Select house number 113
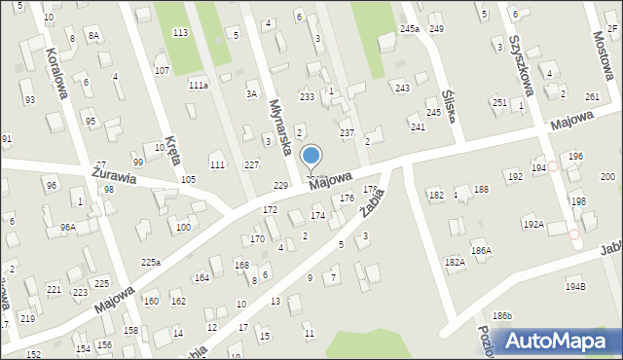click(x=180, y=33)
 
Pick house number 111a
click(x=199, y=86)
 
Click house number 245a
click(x=409, y=29)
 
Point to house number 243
click(x=401, y=89)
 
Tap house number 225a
click(x=150, y=262)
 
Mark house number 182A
click(x=455, y=262)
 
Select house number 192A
click(x=533, y=224)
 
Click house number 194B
click(x=576, y=287)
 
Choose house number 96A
click(x=67, y=227)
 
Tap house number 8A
click(x=93, y=35)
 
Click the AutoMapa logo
click(x=563, y=340)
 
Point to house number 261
click(x=592, y=97)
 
